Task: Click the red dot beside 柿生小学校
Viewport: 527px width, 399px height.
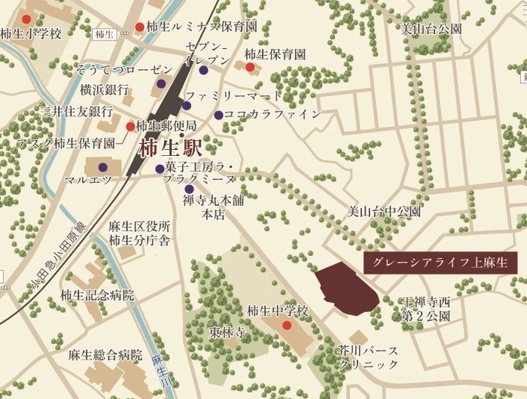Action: pyautogui.click(x=27, y=20)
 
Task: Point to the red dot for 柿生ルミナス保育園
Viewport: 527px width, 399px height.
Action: pyautogui.click(x=139, y=28)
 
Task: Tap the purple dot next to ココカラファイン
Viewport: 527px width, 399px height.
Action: pyautogui.click(x=218, y=115)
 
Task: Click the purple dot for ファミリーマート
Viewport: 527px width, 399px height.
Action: pyautogui.click(x=186, y=105)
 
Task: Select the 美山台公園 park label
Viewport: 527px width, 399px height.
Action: pyautogui.click(x=431, y=29)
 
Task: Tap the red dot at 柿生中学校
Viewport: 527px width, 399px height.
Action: pyautogui.click(x=287, y=325)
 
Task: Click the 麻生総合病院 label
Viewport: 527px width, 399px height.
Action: pyautogui.click(x=105, y=354)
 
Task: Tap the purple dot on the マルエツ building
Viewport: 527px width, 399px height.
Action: pyautogui.click(x=103, y=167)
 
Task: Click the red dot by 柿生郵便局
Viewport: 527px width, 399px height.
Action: pyautogui.click(x=130, y=126)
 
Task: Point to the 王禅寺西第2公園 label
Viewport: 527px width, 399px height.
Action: pyautogui.click(x=425, y=309)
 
